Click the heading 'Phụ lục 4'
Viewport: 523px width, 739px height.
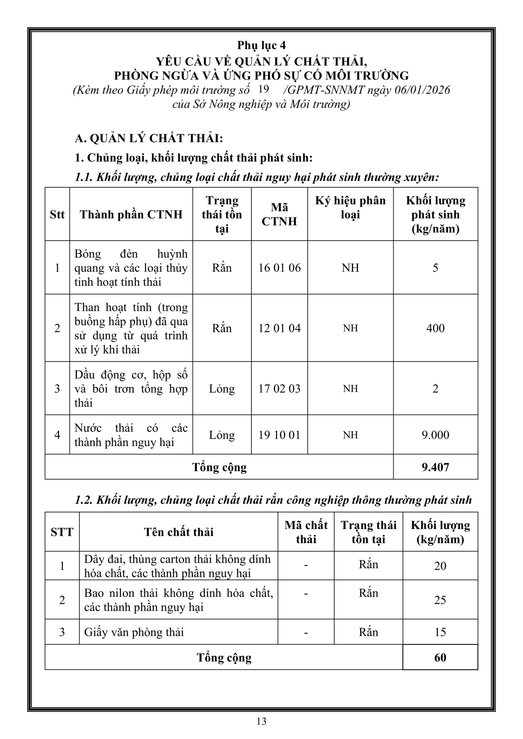point(261,45)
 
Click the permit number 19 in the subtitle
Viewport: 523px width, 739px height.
point(264,89)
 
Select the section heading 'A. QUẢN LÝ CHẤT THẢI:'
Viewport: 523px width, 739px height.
point(149,138)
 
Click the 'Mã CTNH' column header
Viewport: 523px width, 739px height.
point(279,214)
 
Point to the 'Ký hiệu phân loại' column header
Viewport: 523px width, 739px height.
point(350,207)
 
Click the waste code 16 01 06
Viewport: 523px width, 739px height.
point(279,268)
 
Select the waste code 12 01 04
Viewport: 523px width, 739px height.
point(279,328)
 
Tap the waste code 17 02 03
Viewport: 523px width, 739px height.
point(279,389)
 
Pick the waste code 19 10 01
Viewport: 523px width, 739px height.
point(279,435)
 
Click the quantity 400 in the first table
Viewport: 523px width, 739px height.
point(435,328)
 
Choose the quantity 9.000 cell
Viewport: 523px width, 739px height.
point(435,435)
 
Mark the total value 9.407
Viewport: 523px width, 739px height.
point(435,467)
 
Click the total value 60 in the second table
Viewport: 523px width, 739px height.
point(440,657)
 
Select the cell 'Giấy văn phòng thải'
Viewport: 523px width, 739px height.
point(134,632)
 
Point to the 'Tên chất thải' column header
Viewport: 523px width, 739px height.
point(178,532)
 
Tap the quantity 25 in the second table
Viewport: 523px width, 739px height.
point(440,600)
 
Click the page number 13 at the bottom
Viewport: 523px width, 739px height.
point(261,721)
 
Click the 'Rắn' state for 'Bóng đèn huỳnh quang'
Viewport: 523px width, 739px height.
point(222,268)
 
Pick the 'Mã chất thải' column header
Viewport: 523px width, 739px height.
point(306,532)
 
